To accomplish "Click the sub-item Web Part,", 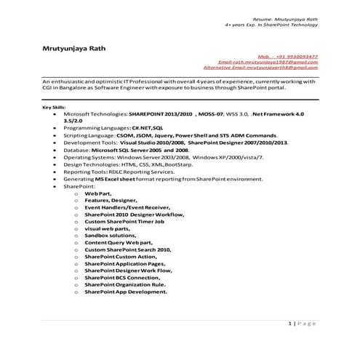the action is point(97,193).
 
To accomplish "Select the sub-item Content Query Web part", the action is point(119,244).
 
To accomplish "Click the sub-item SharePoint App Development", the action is point(125,292).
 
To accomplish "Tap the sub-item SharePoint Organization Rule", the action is point(124,285).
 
